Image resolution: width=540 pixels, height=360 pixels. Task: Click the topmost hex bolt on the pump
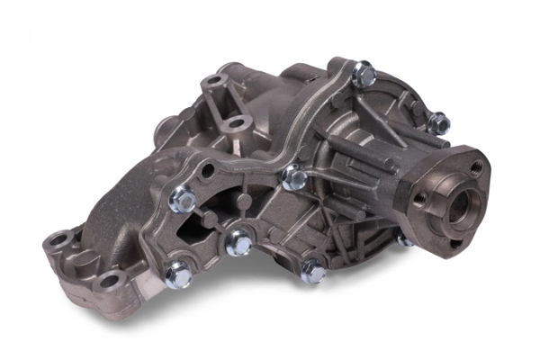point(364,74)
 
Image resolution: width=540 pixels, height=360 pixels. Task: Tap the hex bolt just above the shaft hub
point(438,122)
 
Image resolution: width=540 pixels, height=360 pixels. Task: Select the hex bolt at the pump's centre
point(294,178)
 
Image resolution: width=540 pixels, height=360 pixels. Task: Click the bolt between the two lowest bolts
point(238,243)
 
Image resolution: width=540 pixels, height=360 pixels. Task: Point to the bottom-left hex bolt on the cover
point(177,274)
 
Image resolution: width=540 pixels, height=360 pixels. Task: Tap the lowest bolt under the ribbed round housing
point(313,271)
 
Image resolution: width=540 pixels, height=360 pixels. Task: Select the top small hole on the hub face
point(475,167)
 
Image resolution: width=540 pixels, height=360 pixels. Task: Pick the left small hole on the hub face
point(419,197)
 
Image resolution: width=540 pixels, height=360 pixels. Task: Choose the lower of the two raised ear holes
point(237,121)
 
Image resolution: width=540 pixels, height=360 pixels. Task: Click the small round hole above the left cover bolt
point(209,169)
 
